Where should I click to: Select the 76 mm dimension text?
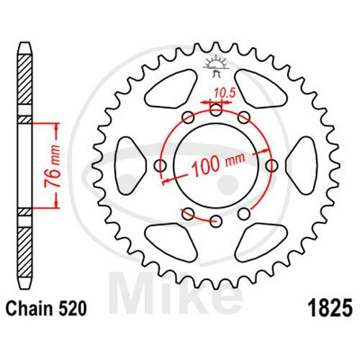coord(53,166)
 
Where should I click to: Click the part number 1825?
coord(331,308)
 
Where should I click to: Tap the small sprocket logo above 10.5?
coord(216,66)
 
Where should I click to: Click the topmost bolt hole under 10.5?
coord(216,110)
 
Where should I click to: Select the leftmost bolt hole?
coord(160,166)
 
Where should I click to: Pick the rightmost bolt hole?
coord(272,166)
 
